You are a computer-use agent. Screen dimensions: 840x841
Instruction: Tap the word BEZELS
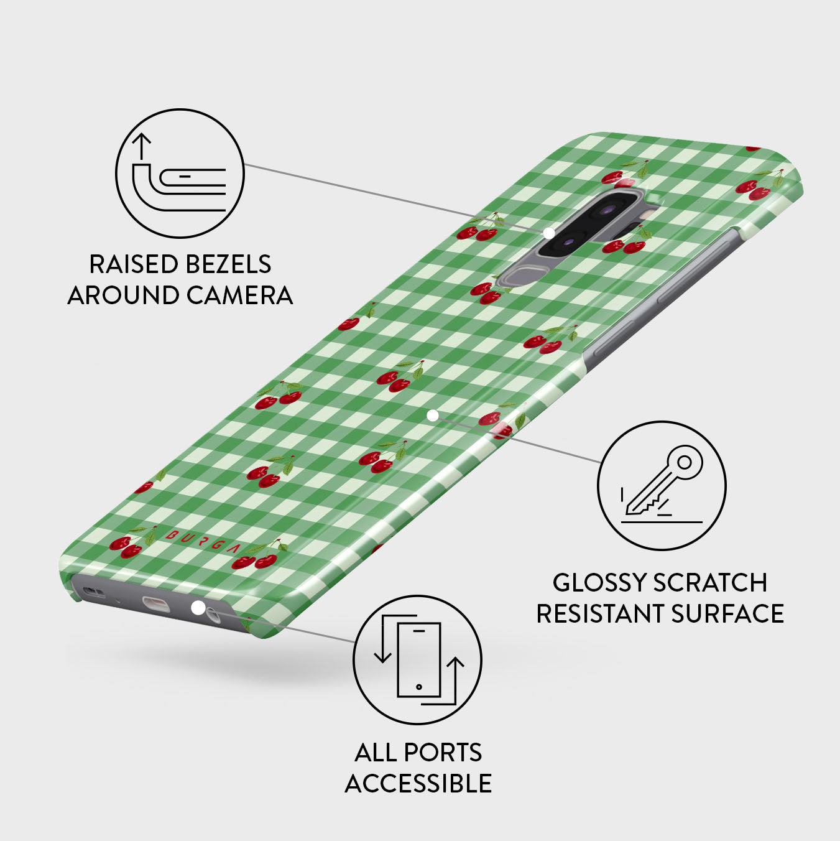click(x=228, y=264)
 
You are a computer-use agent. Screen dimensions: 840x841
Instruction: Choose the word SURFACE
click(x=727, y=613)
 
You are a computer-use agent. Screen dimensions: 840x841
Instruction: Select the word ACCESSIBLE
click(x=418, y=784)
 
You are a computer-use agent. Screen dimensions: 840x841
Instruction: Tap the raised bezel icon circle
click(x=180, y=174)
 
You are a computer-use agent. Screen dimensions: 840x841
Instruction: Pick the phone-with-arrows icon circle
click(x=418, y=660)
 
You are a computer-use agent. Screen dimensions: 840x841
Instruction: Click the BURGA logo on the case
click(x=201, y=542)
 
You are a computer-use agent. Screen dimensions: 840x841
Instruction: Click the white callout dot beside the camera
click(x=549, y=233)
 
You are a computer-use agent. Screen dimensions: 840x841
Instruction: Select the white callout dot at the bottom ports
click(x=198, y=608)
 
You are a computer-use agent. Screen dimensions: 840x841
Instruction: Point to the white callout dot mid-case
click(x=433, y=416)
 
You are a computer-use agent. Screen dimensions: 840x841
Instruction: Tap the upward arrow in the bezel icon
click(x=141, y=146)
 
